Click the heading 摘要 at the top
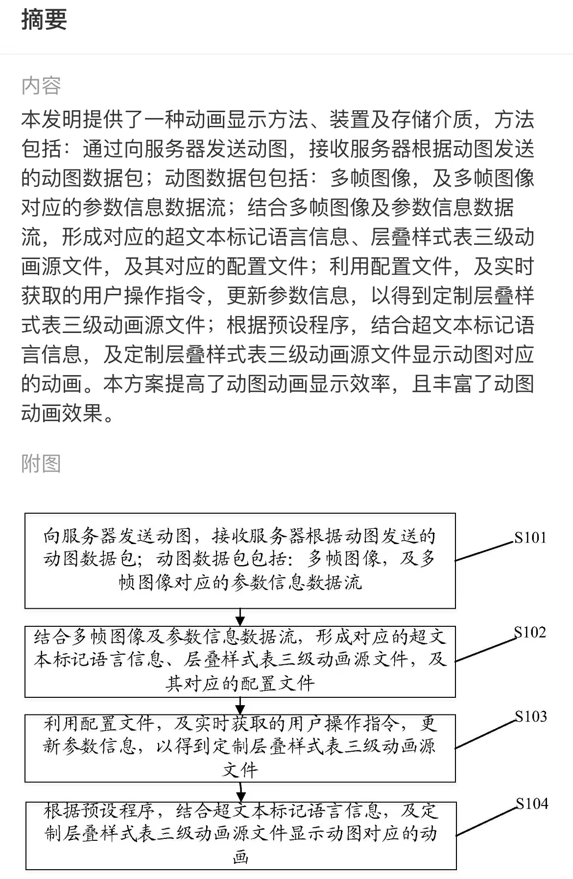pyautogui.click(x=44, y=20)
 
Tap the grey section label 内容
pyautogui.click(x=41, y=86)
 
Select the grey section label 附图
pyautogui.click(x=41, y=463)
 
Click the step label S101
pyautogui.click(x=530, y=538)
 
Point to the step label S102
pyautogui.click(x=530, y=632)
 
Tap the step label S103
pyautogui.click(x=531, y=716)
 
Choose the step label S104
pyautogui.click(x=532, y=804)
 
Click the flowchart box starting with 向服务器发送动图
pyautogui.click(x=240, y=561)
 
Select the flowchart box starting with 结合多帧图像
pyautogui.click(x=240, y=662)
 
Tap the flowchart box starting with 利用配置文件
pyautogui.click(x=240, y=748)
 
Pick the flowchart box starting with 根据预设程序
pyautogui.click(x=241, y=836)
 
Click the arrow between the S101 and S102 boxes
pyautogui.click(x=240, y=617)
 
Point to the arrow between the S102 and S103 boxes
pyautogui.click(x=240, y=706)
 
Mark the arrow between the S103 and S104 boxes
pyautogui.click(x=240, y=792)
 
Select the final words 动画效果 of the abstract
pyautogui.click(x=62, y=413)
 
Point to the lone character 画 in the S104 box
pyautogui.click(x=240, y=857)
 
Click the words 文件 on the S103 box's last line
pyautogui.click(x=240, y=770)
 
